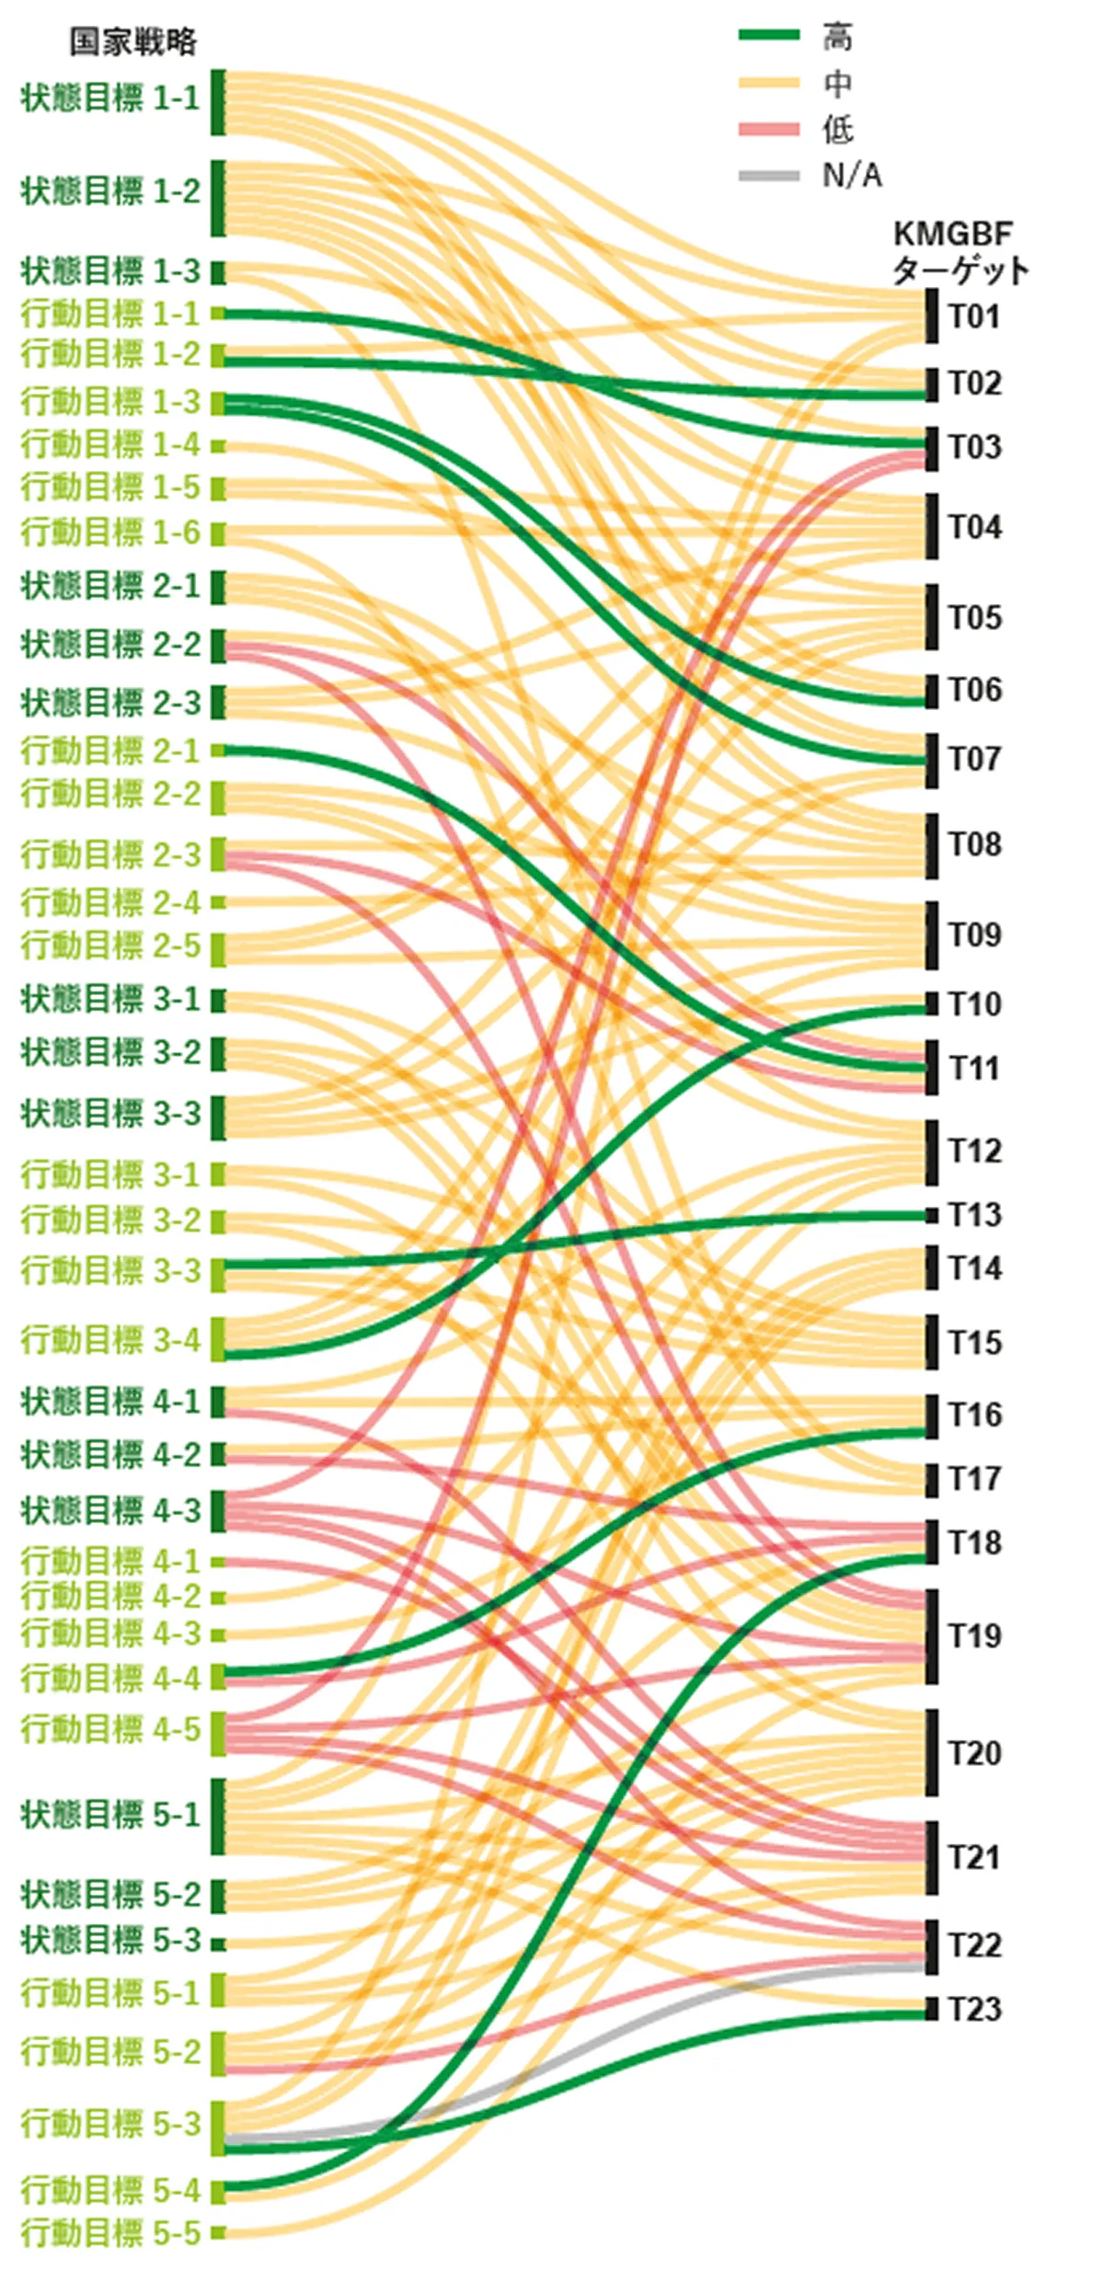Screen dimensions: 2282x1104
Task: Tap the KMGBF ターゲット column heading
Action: point(960,253)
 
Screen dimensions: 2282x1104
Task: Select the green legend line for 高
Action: point(768,36)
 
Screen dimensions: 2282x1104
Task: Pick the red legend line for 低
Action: point(768,130)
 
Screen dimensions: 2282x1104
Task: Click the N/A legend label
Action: point(852,175)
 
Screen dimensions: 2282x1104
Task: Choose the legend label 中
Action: point(837,84)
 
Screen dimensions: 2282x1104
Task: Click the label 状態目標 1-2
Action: point(110,192)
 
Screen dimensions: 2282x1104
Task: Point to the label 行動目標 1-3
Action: point(110,402)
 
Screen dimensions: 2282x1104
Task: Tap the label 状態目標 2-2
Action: point(110,645)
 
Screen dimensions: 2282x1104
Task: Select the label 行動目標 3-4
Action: point(110,1341)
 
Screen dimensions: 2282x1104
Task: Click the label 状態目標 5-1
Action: point(110,1815)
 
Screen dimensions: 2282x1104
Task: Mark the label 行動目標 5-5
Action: point(110,2232)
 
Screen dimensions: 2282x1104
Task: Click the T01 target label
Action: point(974,317)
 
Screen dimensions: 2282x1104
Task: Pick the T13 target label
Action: point(974,1215)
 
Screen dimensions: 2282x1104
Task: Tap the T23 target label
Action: point(974,2010)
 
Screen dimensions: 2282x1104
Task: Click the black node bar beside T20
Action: point(932,1752)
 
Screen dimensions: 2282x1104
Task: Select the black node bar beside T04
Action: point(932,526)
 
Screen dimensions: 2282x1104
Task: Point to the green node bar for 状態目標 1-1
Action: point(218,102)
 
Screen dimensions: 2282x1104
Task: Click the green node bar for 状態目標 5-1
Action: point(218,1816)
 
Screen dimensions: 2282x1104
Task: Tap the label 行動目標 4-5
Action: point(110,1730)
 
